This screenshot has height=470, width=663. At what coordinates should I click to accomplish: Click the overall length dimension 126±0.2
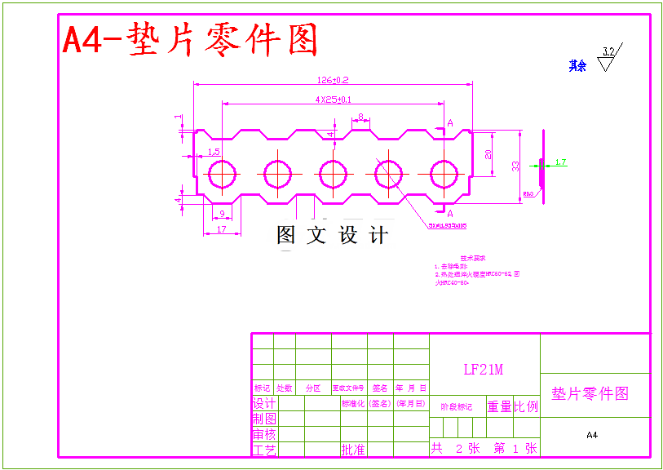click(x=332, y=80)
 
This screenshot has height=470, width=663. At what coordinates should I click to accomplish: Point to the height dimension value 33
click(x=515, y=166)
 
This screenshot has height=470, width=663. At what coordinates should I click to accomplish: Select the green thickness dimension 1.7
click(x=560, y=162)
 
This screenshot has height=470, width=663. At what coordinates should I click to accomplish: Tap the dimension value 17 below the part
click(x=221, y=229)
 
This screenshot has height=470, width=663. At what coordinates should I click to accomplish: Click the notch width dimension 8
click(x=360, y=117)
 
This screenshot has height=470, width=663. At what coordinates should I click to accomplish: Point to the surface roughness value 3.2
click(x=608, y=51)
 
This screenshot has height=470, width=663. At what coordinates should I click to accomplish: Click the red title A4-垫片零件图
click(x=190, y=39)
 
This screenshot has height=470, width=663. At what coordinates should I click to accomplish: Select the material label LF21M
click(x=484, y=370)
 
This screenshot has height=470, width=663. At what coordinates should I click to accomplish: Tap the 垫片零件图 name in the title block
click(x=590, y=393)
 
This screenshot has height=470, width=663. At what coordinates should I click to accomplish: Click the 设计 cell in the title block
click(x=263, y=404)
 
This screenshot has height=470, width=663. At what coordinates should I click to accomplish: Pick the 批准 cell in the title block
click(x=353, y=450)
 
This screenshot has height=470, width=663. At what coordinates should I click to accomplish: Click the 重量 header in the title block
click(x=499, y=406)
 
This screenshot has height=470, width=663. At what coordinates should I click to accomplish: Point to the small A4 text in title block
click(x=592, y=435)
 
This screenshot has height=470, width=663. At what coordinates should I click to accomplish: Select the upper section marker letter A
click(x=449, y=123)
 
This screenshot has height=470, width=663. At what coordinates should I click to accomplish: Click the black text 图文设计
click(x=333, y=236)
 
